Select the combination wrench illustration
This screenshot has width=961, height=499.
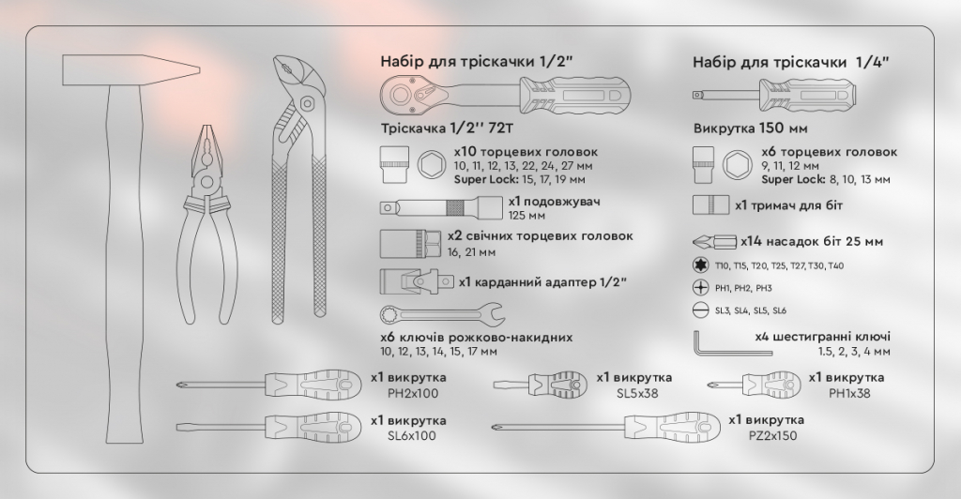(443, 314)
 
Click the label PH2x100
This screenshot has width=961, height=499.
(413, 393)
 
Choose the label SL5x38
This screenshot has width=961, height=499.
(637, 393)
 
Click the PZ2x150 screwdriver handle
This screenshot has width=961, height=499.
(672, 427)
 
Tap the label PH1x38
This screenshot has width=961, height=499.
(848, 393)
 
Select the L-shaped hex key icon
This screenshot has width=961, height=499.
(732, 344)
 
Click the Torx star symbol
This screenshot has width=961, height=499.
(698, 265)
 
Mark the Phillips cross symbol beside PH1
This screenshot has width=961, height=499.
(698, 288)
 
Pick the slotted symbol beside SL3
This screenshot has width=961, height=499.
(698, 310)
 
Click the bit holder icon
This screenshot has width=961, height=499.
(711, 205)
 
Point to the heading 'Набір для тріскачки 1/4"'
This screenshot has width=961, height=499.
(790, 62)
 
